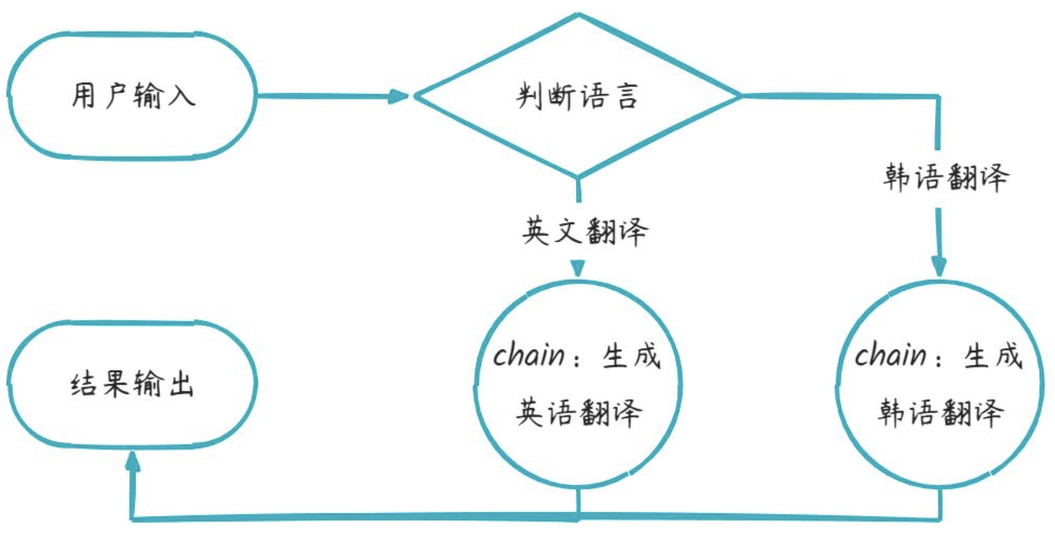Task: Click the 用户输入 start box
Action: (x=132, y=96)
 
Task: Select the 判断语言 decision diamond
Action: (x=578, y=96)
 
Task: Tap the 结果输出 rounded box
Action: (x=132, y=385)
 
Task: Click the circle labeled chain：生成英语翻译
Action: (x=578, y=384)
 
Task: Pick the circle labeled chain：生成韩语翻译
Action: (x=940, y=384)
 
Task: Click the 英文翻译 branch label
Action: (x=584, y=231)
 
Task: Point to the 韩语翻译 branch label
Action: (x=946, y=178)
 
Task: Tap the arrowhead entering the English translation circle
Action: (x=578, y=268)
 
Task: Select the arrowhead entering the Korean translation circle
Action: (x=938, y=266)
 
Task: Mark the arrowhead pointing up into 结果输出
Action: (x=132, y=462)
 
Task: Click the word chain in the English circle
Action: (x=529, y=355)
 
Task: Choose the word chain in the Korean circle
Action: (x=890, y=355)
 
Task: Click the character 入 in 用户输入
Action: (x=181, y=96)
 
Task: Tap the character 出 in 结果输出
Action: (x=181, y=385)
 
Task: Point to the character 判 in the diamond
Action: (x=529, y=96)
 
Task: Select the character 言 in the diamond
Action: (x=627, y=96)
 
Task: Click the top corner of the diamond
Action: (x=578, y=15)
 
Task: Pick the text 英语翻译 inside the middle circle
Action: (x=578, y=413)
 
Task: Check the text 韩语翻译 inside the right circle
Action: (x=940, y=413)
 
